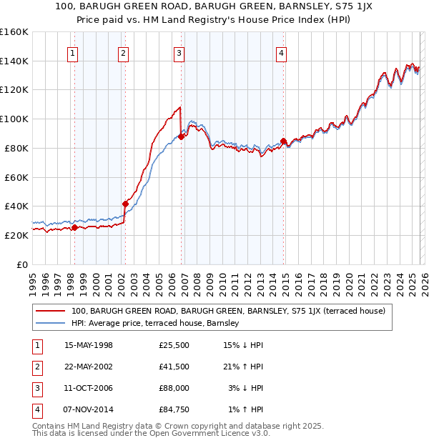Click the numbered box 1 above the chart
(74, 52)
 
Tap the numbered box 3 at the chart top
(179, 52)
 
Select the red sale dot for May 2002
(125, 204)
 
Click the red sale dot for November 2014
(283, 141)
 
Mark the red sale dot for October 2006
(181, 136)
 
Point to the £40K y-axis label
(16, 206)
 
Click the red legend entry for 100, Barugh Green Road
(228, 311)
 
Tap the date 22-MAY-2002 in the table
(89, 367)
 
